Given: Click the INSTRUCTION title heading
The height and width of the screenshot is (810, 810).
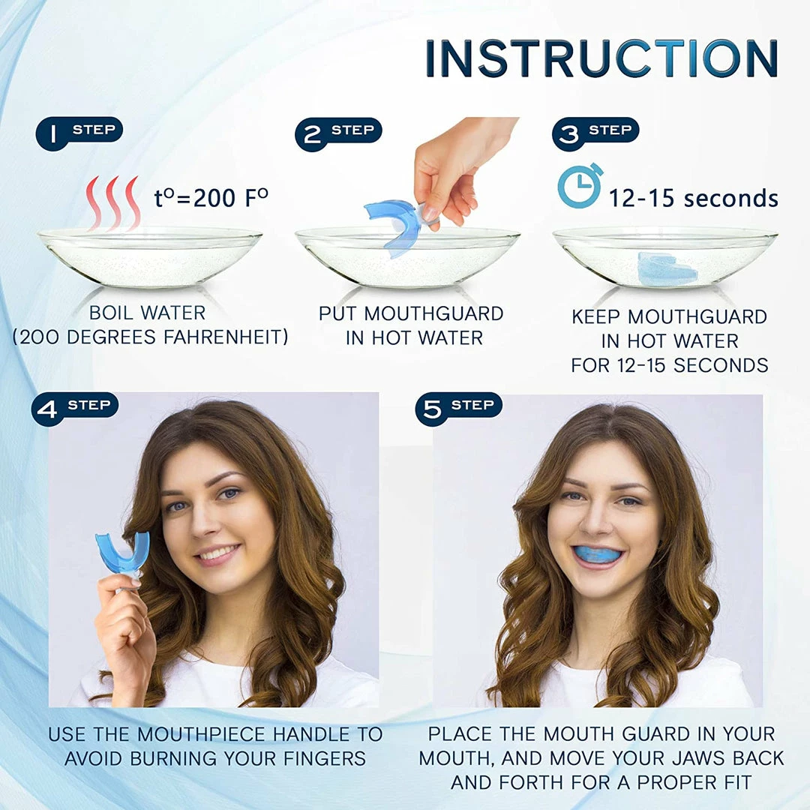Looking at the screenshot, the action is pos(601,58).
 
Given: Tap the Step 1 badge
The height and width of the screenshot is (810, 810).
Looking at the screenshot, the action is pos(79,133).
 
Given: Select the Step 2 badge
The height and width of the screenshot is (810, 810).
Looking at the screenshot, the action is pos(338,133).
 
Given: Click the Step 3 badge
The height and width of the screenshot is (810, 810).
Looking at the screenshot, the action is pos(595,133).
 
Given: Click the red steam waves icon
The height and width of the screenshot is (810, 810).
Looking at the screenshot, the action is pos(113,203).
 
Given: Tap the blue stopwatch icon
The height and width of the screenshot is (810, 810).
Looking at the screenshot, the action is pos(580,185).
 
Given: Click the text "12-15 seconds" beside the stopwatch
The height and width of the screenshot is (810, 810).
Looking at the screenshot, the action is pos(693,198).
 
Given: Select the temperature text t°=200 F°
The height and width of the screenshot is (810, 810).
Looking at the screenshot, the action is pos(211,197).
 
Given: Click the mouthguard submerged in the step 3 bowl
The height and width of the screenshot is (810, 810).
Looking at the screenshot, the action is pos(667,268).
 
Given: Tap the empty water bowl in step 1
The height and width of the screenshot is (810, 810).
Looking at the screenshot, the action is pos(150,256).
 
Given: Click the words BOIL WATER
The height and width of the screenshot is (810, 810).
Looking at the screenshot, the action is pos(147,313).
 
